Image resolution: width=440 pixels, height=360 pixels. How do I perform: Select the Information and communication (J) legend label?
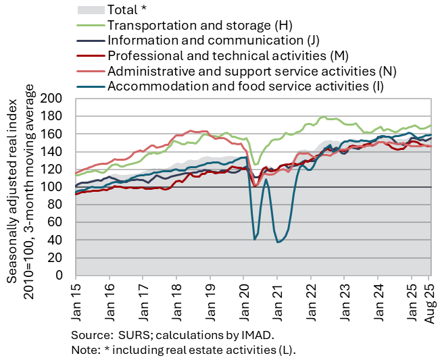coord(208,40)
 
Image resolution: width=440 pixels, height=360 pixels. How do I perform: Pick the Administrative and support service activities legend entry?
coord(251,70)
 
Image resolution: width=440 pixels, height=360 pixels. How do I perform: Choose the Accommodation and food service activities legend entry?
coord(245,86)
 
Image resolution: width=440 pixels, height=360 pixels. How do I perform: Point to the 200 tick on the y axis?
coord(53,99)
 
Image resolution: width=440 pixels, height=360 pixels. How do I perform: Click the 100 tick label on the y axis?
coord(53,187)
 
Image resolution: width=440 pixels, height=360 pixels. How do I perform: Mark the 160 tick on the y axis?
coord(53,134)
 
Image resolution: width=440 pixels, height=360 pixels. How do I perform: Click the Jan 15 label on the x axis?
coord(76,299)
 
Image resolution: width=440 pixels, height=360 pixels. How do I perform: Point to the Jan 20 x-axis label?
coord(243,299)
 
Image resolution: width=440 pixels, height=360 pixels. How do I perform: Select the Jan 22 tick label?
coord(310,299)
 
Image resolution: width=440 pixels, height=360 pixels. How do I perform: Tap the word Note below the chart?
coord(84,351)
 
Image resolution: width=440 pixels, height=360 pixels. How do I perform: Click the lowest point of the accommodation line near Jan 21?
coord(278,242)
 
